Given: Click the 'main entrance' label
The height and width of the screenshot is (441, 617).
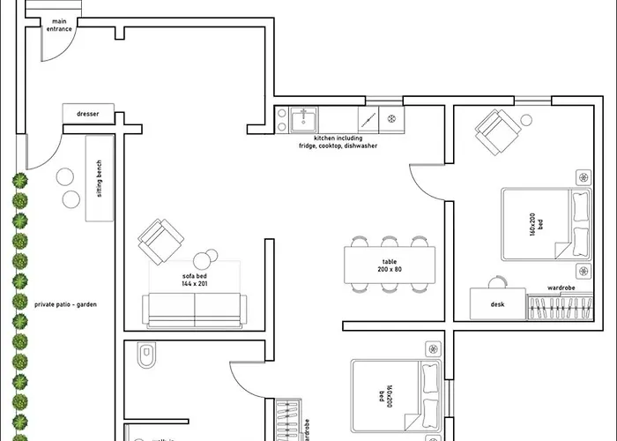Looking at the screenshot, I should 59,25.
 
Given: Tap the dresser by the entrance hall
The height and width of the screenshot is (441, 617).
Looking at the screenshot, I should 88,114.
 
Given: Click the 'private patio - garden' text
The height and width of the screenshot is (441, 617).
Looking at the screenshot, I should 65,304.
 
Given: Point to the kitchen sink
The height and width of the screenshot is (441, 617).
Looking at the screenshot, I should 306,118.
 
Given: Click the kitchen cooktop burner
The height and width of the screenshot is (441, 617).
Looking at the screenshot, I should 390,117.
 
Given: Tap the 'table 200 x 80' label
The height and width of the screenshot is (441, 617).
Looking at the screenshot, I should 390,265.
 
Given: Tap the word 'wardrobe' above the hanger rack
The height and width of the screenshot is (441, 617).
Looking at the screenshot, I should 561,288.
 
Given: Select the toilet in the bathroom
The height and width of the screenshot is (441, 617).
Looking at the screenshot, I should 146,355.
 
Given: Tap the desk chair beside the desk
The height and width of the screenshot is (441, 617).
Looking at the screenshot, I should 498,282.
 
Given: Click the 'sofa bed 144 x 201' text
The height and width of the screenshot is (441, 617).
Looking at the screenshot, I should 193,280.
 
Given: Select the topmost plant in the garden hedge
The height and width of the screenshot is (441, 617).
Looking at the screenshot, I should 19,181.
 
